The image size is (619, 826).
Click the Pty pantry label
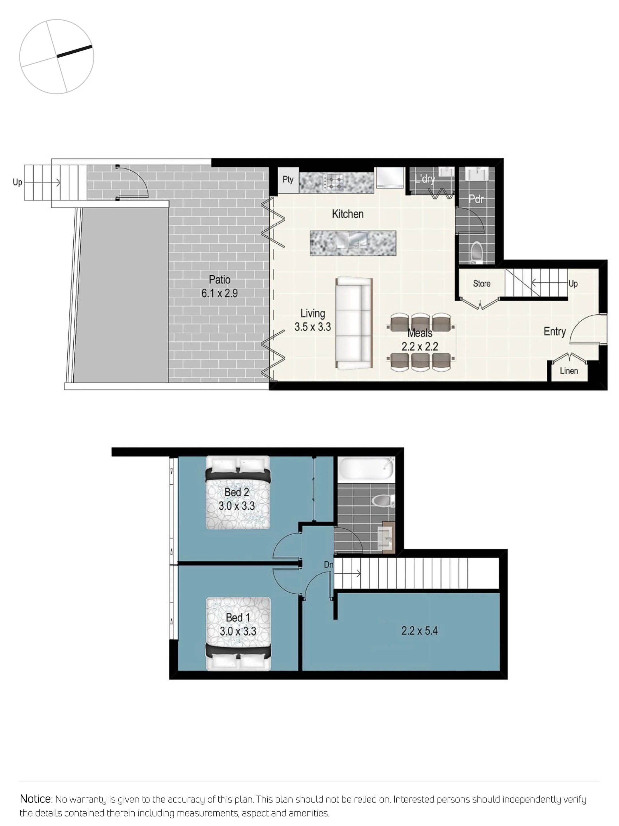pyautogui.click(x=288, y=180)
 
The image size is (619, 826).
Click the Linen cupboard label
pyautogui.click(x=569, y=371)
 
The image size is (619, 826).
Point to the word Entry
pyautogui.click(x=555, y=332)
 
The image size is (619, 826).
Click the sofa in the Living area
pyautogui.click(x=353, y=323)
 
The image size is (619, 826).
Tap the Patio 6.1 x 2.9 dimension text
pyautogui.click(x=220, y=293)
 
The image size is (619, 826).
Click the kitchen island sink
pyautogui.click(x=352, y=240)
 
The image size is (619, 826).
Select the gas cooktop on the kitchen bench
pyautogui.click(x=334, y=183)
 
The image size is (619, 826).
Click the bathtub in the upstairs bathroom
pyautogui.click(x=366, y=469)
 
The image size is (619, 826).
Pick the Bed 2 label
pyautogui.click(x=236, y=492)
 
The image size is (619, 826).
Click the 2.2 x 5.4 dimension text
pyautogui.click(x=419, y=631)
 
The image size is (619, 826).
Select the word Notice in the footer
pyautogui.click(x=36, y=799)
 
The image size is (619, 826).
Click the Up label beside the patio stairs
pyautogui.click(x=17, y=182)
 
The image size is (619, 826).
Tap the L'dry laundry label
pyautogui.click(x=425, y=179)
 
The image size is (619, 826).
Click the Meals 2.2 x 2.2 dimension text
pyautogui.click(x=420, y=346)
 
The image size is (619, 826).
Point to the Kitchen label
pyautogui.click(x=347, y=214)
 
